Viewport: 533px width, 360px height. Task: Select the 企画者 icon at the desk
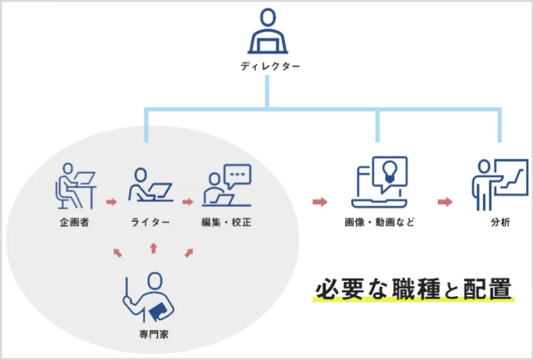point(74,185)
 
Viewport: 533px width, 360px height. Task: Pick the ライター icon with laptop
point(149,186)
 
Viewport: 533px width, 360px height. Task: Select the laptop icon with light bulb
point(379,182)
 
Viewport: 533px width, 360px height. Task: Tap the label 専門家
point(153,334)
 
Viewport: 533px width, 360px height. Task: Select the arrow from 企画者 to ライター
point(110,203)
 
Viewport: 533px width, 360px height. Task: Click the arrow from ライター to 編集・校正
point(187,203)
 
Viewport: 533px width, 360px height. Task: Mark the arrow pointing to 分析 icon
point(445,203)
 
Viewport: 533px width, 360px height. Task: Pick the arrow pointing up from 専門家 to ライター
point(153,248)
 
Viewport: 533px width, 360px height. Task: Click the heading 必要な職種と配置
point(414,288)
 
